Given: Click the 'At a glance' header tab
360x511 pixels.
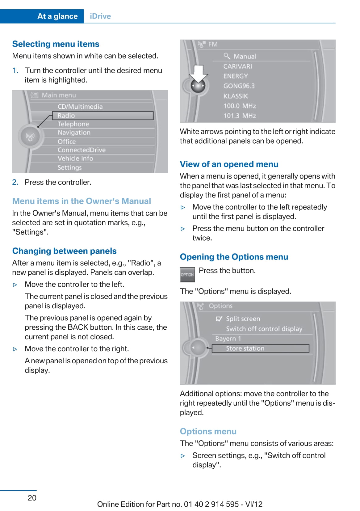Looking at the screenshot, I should pos(57,16).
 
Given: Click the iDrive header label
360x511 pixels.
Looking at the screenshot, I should pos(100,16).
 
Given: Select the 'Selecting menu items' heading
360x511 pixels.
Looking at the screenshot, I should pos(56,44).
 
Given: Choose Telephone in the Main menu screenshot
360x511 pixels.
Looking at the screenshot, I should pos(73,124).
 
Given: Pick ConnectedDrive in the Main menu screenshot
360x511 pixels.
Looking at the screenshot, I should pos(82,150).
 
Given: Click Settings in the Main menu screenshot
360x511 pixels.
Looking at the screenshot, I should pos(69,167).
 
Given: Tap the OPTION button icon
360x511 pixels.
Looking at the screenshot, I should pos(187,275).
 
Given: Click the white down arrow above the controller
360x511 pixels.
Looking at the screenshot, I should pos(198,74).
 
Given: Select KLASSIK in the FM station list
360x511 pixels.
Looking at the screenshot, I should pos(236,96).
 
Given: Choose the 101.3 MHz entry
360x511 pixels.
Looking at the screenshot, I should pos(240,116).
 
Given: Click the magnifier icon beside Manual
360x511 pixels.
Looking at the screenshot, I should pos(227,56).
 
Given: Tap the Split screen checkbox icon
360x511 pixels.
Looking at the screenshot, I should pos(219,319).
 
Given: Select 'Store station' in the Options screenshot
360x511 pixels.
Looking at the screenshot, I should pos(245,348).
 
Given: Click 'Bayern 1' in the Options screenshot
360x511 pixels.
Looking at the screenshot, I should pos(228,339).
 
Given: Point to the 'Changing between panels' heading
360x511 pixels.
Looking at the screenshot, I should pos(64,251).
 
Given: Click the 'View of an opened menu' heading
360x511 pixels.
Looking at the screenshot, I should pos(229,164).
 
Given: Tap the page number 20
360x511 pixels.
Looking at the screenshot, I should pos(32,498).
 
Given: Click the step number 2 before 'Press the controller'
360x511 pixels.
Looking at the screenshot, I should pos(15,182).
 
